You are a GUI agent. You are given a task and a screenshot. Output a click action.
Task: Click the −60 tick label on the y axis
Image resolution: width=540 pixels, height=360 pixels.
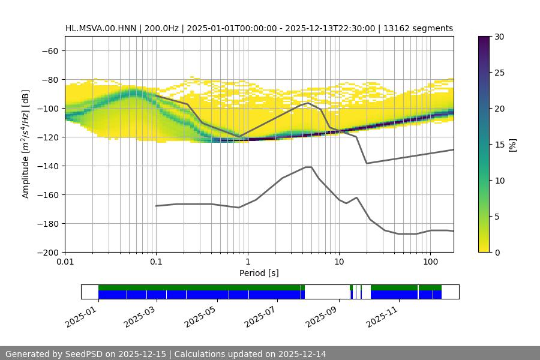click(49, 50)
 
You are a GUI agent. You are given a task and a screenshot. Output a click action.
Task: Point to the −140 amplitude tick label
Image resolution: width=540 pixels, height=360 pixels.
click(47, 166)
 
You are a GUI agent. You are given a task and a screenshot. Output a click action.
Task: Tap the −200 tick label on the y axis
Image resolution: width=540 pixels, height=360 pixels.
click(47, 252)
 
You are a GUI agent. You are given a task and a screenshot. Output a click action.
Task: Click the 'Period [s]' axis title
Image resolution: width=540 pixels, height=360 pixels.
click(259, 274)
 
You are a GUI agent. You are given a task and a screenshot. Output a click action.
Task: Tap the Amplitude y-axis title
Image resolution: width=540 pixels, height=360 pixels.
click(26, 144)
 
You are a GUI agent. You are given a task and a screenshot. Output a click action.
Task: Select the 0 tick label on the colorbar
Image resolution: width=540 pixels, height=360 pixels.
click(497, 252)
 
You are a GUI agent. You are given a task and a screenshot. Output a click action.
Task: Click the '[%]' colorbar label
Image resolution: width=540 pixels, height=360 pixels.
click(512, 145)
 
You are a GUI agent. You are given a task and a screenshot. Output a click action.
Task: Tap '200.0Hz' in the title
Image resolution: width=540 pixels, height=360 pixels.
click(160, 28)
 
